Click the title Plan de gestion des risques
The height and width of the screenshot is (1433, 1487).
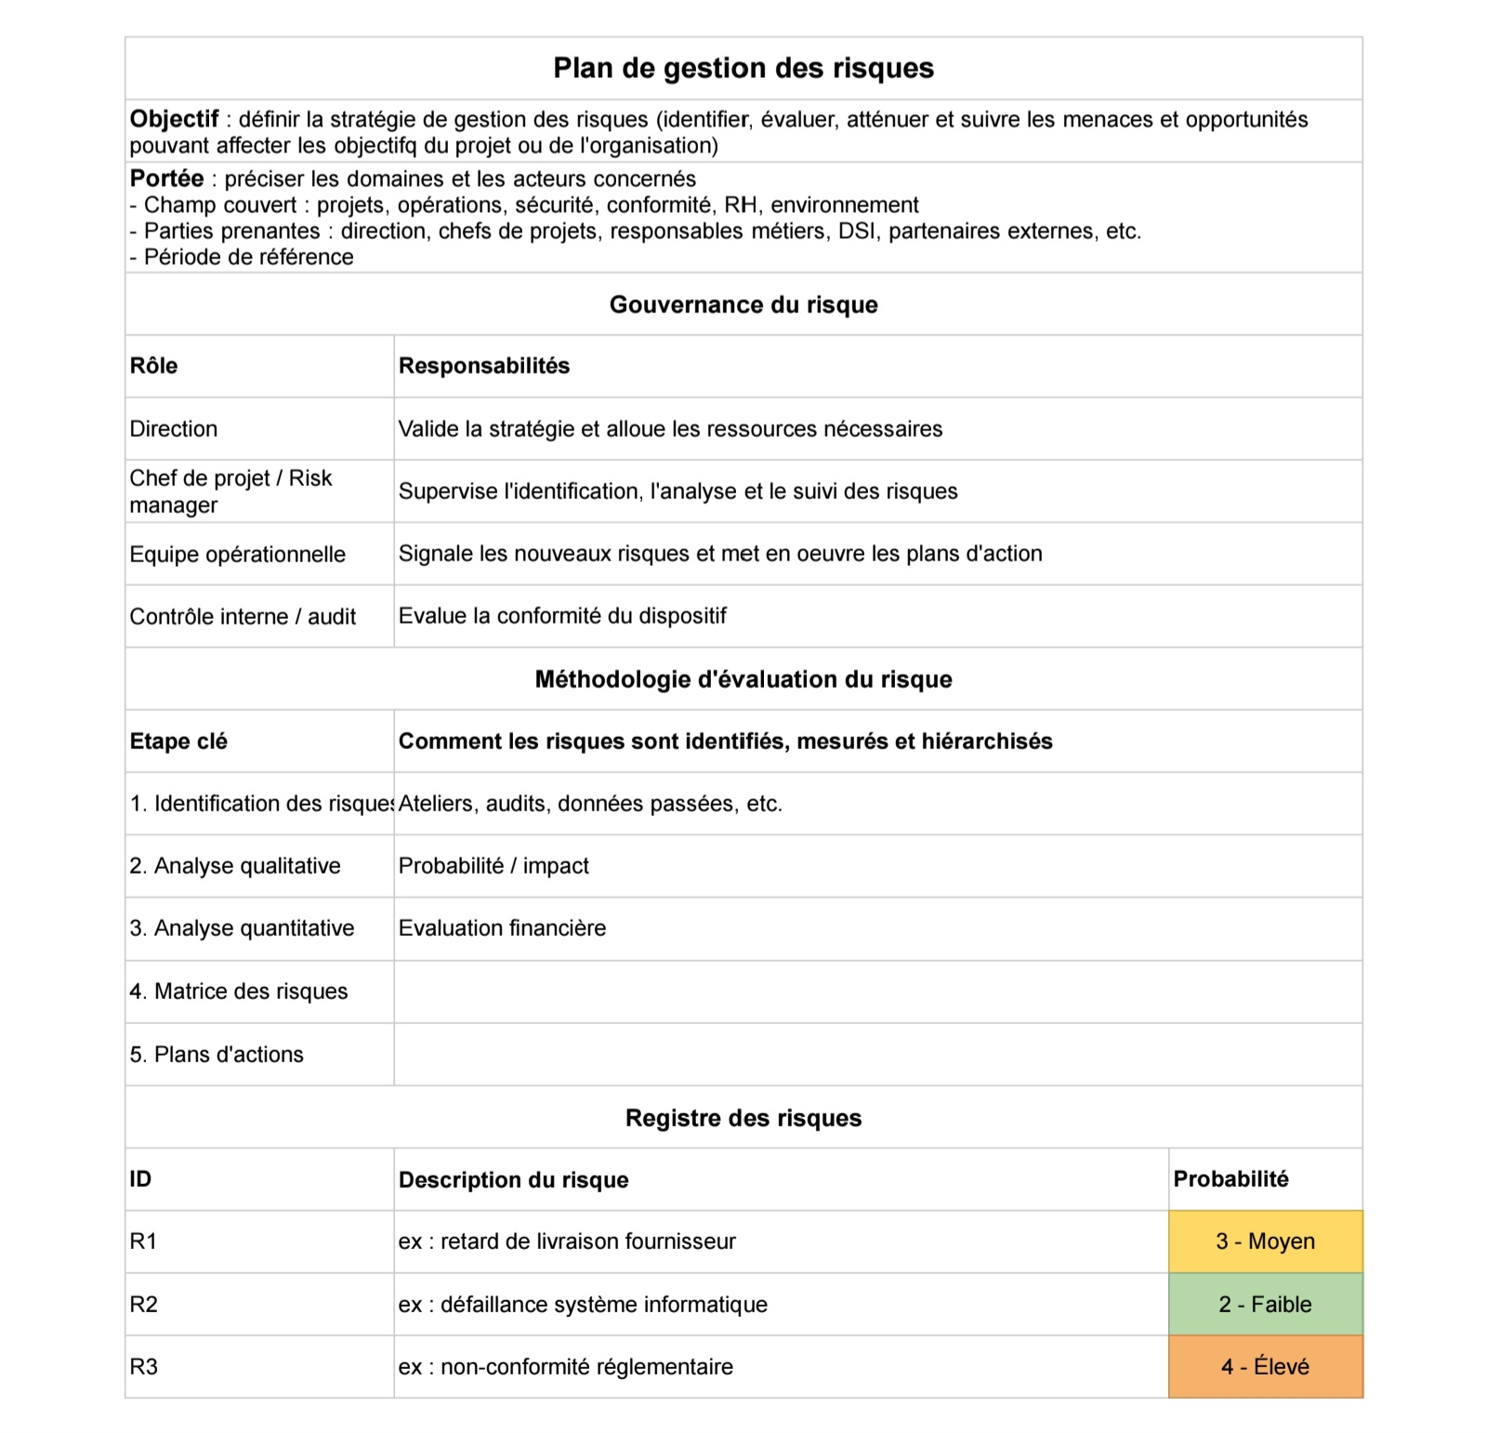743,68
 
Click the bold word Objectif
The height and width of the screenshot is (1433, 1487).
174,119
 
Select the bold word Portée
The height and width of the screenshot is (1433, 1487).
166,178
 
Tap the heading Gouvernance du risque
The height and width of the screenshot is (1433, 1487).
743,305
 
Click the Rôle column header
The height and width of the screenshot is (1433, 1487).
153,365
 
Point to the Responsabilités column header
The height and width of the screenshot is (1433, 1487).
483,365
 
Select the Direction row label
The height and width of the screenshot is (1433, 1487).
174,428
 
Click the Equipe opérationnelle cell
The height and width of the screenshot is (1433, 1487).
237,554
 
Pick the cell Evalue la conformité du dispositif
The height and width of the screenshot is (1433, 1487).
562,615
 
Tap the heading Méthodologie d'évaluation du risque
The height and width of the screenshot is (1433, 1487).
743,679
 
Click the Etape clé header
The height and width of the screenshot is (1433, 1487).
178,742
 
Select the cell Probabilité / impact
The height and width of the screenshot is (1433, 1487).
493,865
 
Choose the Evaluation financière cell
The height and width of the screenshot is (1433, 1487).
502,927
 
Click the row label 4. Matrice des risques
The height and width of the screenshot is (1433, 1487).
239,991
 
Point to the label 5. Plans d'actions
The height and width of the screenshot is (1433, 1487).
217,1054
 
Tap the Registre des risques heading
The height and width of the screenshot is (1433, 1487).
743,1117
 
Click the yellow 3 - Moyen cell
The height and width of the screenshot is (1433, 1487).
1265,1242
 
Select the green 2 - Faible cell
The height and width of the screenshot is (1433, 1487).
1265,1304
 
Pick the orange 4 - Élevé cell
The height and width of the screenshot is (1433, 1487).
1265,1366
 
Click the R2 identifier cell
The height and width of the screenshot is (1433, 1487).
144,1304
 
